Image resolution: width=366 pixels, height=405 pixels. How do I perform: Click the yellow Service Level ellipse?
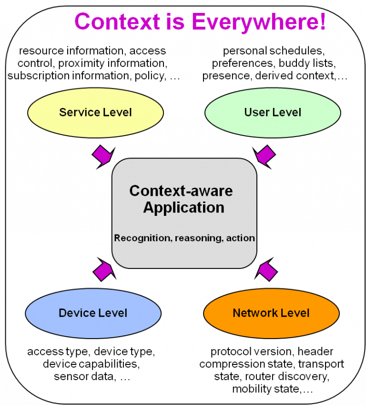click(x=95, y=113)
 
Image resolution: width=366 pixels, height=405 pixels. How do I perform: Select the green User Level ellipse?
click(x=273, y=113)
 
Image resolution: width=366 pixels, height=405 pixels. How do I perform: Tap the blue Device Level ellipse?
click(x=93, y=313)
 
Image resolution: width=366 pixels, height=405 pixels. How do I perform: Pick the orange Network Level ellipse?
click(x=271, y=313)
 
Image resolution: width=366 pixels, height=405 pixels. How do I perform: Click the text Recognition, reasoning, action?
click(x=184, y=238)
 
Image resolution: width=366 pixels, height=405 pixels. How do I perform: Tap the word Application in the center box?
click(x=184, y=208)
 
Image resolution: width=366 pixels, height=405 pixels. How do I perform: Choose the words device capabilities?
click(x=91, y=364)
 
